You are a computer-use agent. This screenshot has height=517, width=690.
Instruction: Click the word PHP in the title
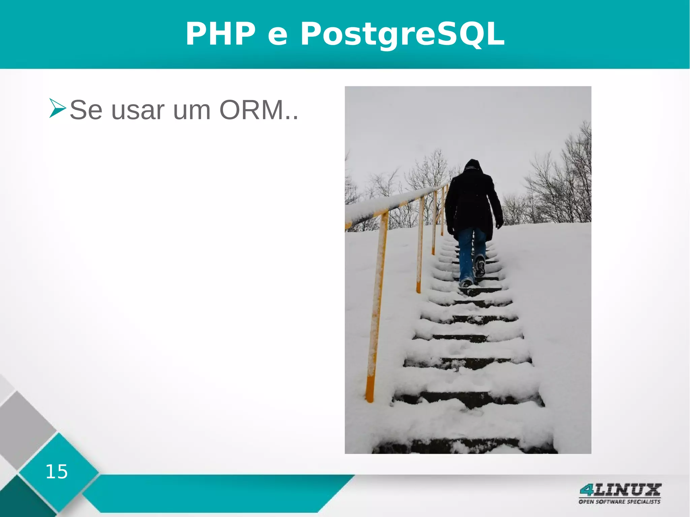pyautogui.click(x=221, y=34)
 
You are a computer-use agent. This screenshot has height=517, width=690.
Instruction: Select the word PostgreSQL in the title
pyautogui.click(x=402, y=34)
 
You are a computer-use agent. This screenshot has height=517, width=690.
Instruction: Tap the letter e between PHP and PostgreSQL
pyautogui.click(x=278, y=36)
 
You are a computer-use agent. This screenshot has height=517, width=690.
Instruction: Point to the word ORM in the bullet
pyautogui.click(x=251, y=110)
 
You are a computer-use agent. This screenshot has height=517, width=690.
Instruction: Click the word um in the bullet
pyautogui.click(x=192, y=111)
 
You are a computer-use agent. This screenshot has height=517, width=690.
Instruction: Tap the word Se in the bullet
pyautogui.click(x=86, y=110)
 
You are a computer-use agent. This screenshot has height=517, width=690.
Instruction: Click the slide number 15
pyautogui.click(x=57, y=472)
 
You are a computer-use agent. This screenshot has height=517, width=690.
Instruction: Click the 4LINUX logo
pyautogui.click(x=620, y=490)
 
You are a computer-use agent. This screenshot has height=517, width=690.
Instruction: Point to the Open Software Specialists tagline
pyautogui.click(x=619, y=502)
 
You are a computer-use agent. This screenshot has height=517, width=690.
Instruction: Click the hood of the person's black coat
pyautogui.click(x=472, y=166)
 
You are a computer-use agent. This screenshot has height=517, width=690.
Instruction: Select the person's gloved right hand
pyautogui.click(x=499, y=224)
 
